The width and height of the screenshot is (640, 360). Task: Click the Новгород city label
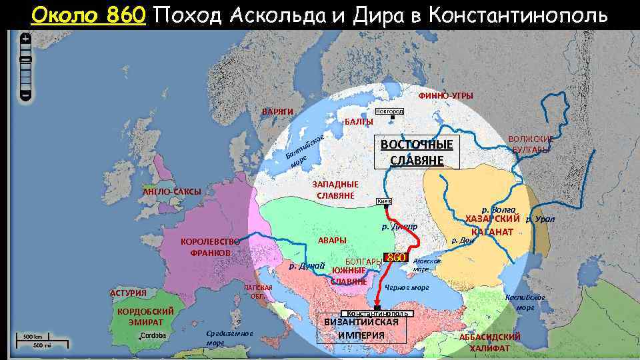(389, 111)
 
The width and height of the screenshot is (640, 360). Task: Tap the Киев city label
(385, 201)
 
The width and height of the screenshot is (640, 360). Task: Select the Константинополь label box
(377, 313)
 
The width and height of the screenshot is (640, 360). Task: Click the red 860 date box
(396, 257)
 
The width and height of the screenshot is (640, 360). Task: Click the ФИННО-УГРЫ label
(445, 96)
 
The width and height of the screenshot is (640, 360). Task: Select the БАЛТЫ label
(358, 122)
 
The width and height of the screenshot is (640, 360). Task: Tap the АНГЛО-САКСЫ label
(172, 192)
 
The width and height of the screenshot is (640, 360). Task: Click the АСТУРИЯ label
(129, 293)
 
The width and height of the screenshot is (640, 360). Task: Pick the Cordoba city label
(153, 336)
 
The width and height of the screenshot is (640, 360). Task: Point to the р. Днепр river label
(399, 227)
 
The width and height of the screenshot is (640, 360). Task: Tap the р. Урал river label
(540, 219)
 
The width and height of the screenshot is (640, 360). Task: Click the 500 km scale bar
(33, 336)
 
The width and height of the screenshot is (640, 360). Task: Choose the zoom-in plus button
(25, 39)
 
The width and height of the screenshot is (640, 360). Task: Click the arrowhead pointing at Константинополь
(377, 303)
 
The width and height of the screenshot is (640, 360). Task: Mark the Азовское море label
(427, 265)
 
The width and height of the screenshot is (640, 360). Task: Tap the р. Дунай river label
(307, 265)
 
